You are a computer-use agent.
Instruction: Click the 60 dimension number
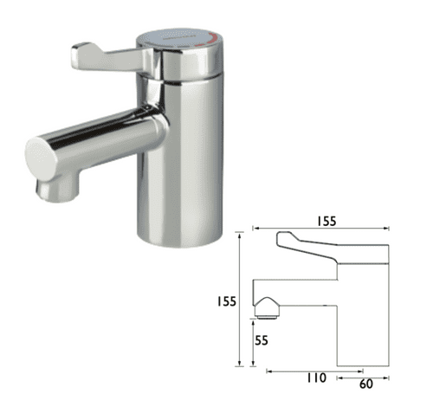366,381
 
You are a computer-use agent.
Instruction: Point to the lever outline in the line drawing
325,242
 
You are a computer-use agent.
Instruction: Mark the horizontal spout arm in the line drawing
294,293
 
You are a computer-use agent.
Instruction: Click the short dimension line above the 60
364,373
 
